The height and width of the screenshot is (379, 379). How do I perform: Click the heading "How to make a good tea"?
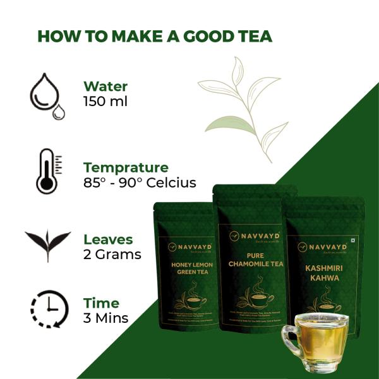click(x=155, y=36)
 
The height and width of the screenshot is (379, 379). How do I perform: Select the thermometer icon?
click(x=46, y=171)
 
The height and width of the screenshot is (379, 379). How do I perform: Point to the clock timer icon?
click(x=48, y=310)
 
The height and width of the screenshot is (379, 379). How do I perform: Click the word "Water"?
click(x=105, y=87)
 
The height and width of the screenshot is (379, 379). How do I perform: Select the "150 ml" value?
click(x=105, y=101)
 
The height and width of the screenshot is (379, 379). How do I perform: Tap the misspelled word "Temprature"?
click(x=126, y=167)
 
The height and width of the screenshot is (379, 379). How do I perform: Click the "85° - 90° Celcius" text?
click(x=140, y=183)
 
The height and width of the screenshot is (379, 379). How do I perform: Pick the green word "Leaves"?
click(x=108, y=239)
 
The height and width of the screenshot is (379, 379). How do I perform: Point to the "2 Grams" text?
click(x=112, y=255)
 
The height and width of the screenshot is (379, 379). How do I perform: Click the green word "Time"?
click(x=101, y=303)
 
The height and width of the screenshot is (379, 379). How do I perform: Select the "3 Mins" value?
click(x=105, y=318)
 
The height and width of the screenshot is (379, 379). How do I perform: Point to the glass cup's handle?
click(x=289, y=341)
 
